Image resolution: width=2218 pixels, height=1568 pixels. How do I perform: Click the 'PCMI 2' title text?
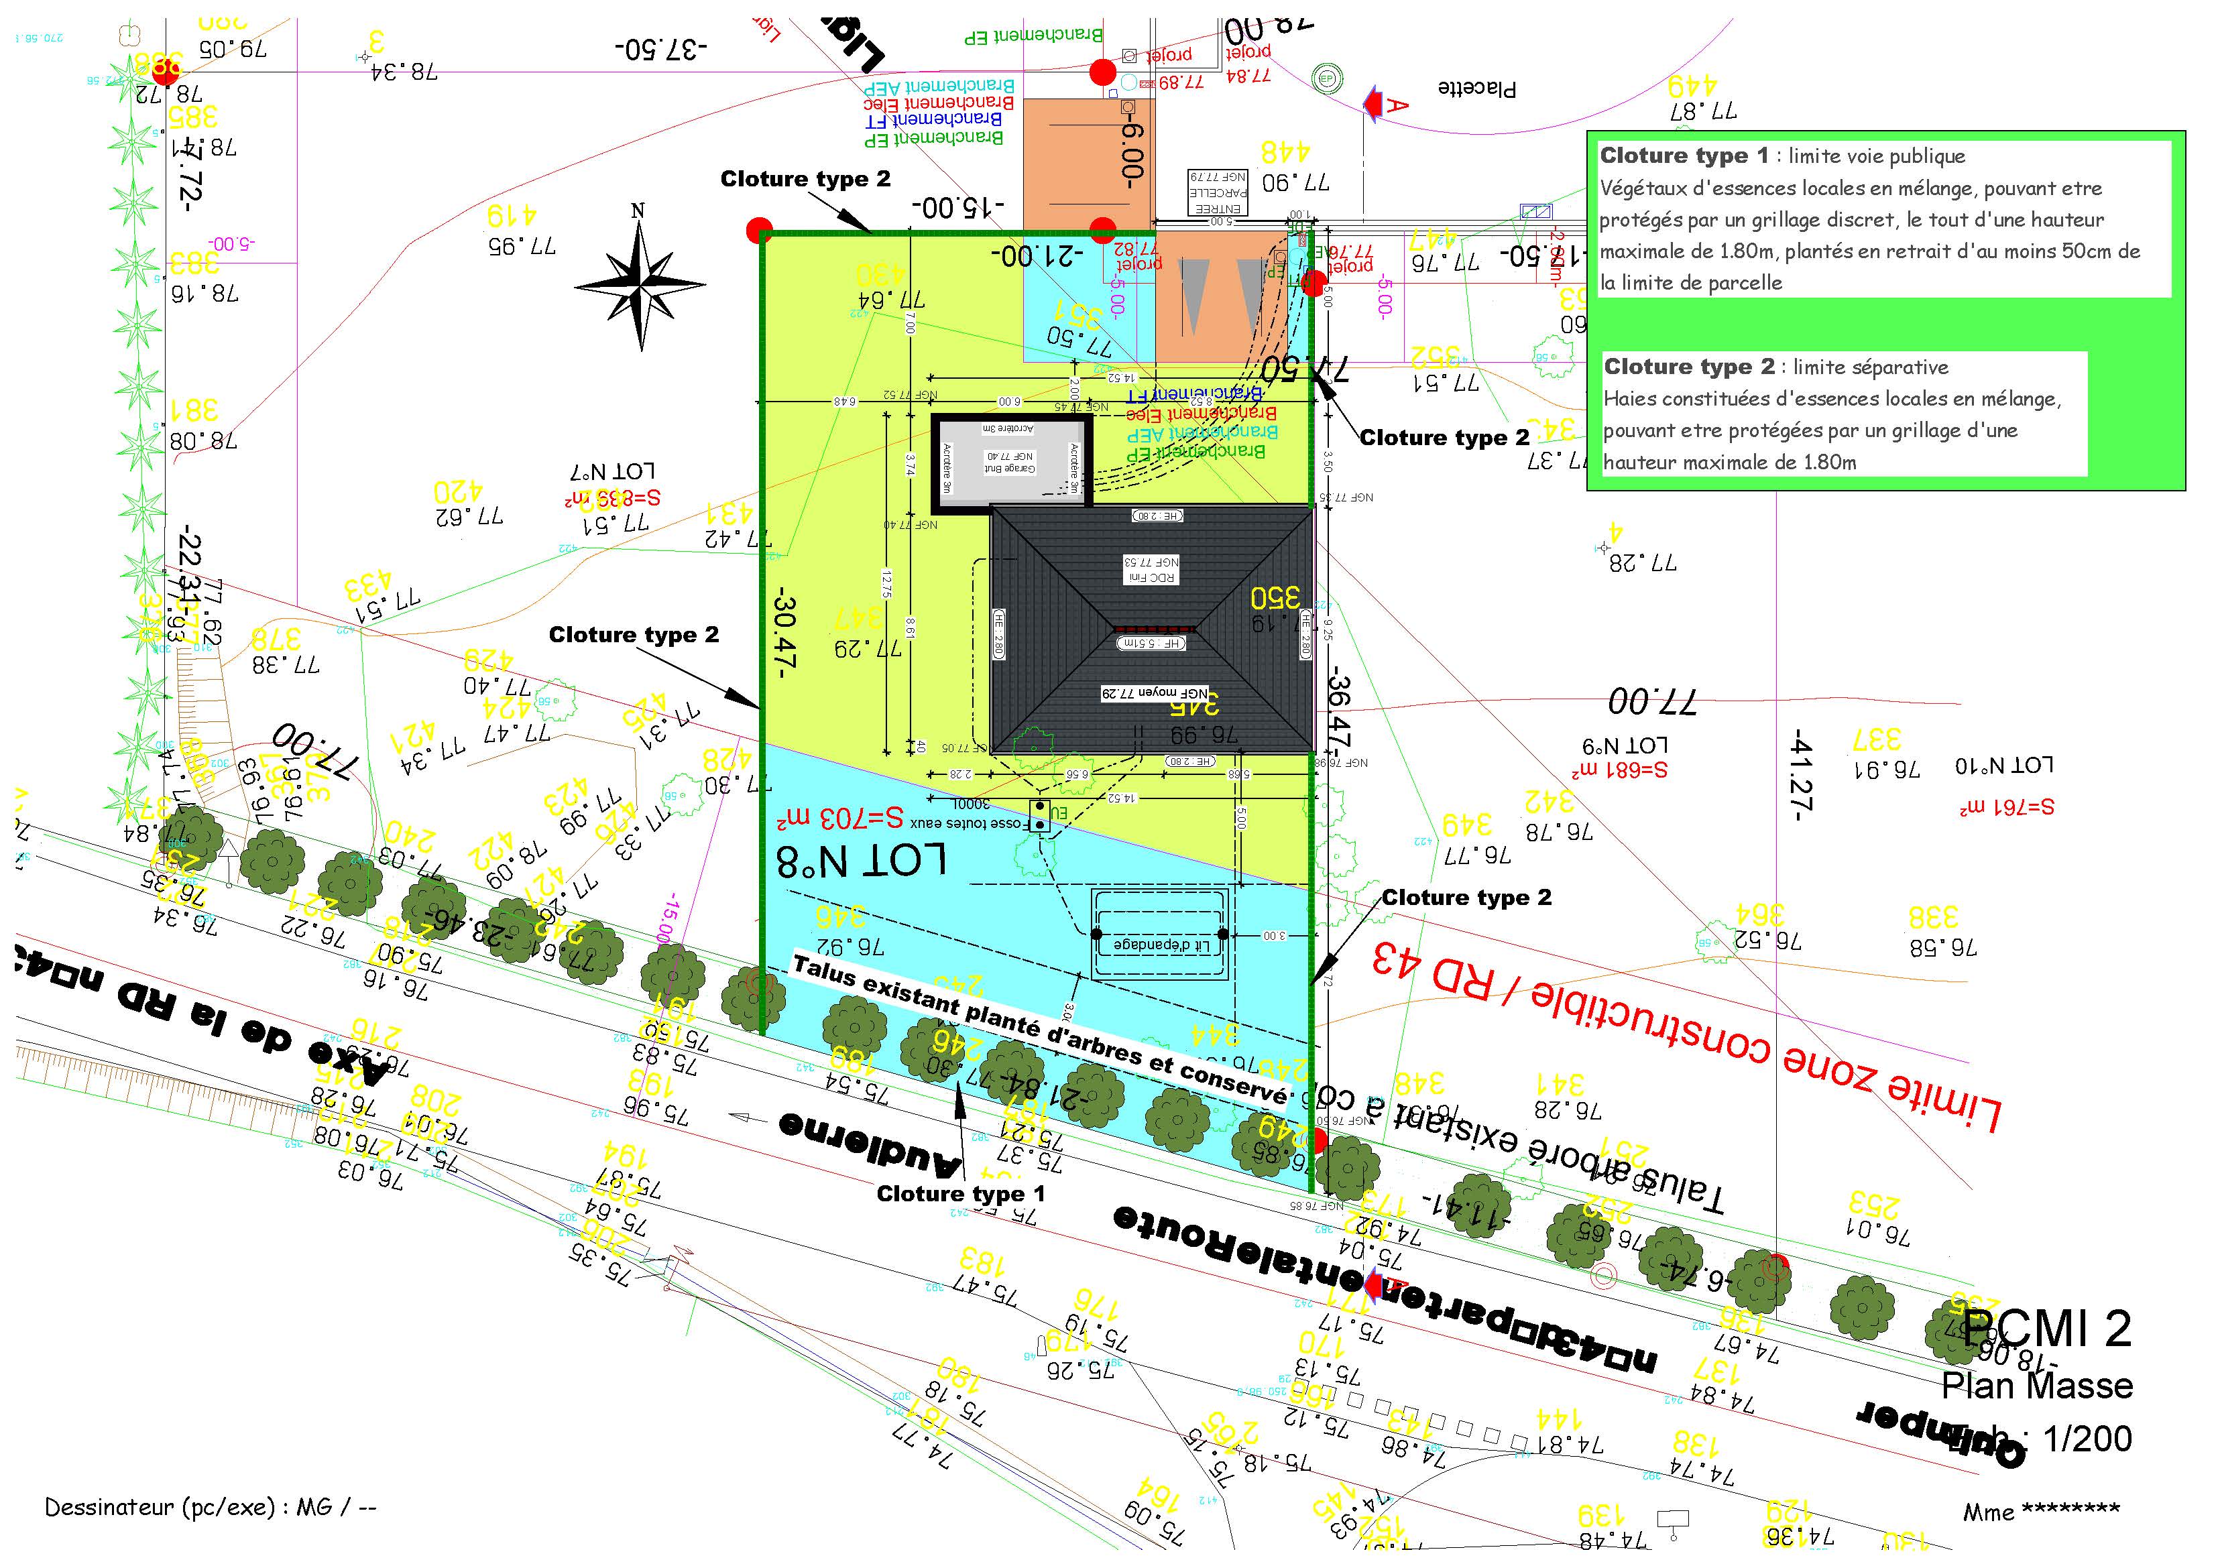(x=2046, y=1329)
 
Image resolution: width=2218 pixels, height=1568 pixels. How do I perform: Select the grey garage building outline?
(x=1010, y=462)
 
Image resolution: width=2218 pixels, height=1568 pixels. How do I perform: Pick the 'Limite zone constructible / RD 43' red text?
(x=1686, y=1034)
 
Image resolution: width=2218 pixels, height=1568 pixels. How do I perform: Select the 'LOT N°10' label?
(x=2003, y=765)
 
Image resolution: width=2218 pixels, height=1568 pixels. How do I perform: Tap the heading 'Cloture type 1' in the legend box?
(x=1684, y=156)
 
